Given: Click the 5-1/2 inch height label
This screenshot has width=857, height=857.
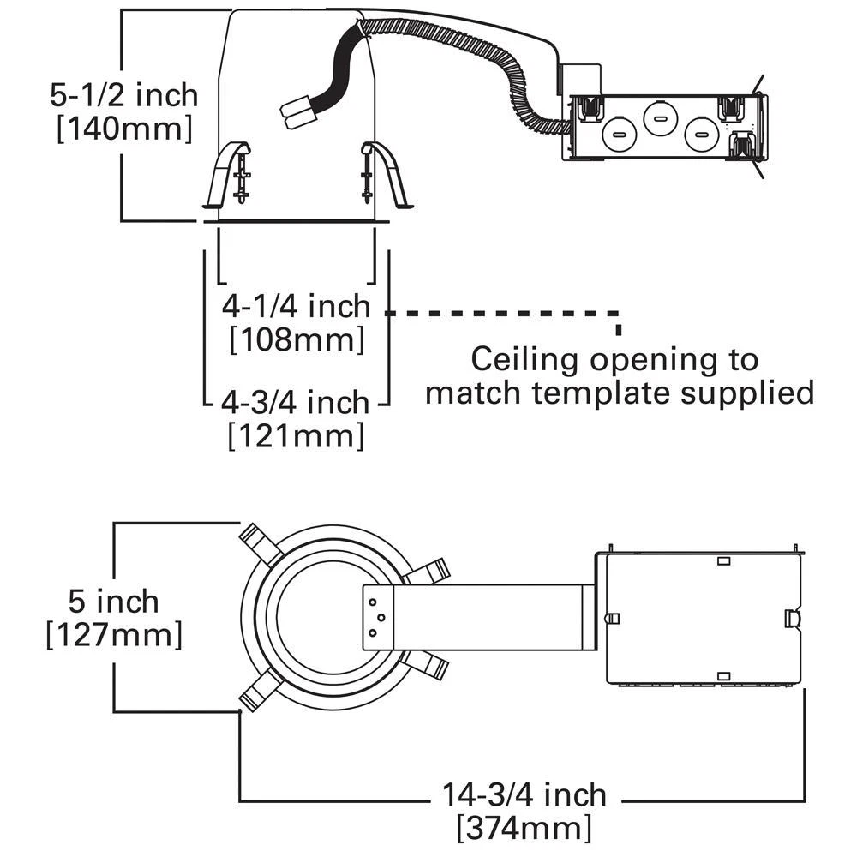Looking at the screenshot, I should point(123,94).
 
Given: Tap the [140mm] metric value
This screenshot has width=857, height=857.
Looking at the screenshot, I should point(123,130).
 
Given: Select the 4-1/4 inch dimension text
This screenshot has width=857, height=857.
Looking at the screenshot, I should point(296,305).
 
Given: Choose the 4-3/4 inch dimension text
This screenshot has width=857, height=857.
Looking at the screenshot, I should point(295,401).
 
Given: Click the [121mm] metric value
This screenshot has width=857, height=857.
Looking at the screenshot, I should point(296,436).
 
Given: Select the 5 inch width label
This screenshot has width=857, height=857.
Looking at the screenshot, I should point(114,601).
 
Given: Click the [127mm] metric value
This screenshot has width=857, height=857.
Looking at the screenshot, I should point(114,636).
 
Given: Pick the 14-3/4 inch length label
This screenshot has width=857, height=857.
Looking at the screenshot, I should point(524,794).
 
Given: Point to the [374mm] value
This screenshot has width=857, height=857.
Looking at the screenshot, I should point(524,829).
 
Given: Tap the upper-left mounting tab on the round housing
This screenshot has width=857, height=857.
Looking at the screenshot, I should point(255,543).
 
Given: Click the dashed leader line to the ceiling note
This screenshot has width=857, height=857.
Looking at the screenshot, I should point(506,314).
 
